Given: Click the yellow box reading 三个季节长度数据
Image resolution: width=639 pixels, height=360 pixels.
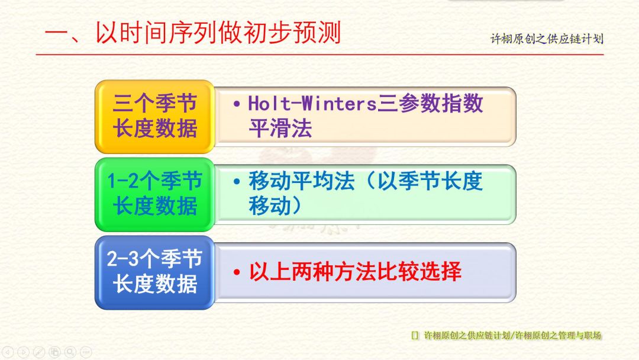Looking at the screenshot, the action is point(155,117).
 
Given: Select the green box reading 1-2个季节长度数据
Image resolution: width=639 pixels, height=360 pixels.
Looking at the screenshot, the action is point(155,194).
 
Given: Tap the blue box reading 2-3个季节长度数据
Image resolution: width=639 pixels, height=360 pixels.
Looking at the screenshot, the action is point(155,272).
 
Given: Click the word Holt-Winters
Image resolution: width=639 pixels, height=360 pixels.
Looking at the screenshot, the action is point(312,103).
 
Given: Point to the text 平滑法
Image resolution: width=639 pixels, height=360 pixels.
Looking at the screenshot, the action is point(280,128).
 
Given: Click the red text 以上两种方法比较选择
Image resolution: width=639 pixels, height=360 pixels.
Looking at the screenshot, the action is point(355,272).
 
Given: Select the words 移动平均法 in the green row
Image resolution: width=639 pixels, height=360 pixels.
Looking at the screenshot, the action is point(302,181).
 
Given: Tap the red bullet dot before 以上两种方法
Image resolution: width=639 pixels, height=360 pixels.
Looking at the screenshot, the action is point(236,272).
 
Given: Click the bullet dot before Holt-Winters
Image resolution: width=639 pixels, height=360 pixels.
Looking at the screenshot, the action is point(236,104).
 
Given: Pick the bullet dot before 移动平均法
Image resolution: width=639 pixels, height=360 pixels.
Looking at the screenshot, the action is point(236,182).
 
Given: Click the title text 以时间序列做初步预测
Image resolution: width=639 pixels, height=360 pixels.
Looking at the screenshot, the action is point(218,32).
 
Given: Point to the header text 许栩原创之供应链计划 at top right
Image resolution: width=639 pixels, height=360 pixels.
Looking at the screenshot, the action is point(547,38).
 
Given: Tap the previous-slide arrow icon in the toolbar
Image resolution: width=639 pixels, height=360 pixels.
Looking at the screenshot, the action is point(8,352).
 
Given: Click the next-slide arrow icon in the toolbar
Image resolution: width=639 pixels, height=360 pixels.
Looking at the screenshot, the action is point(23,352).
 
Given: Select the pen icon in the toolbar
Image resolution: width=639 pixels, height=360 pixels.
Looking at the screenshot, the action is point(38,352).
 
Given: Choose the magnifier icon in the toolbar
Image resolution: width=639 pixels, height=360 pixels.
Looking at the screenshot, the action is point(70,352).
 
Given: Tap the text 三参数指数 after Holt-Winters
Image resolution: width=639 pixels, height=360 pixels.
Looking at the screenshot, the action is point(430,103).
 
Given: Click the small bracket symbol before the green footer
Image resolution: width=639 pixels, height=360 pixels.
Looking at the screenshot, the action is point(415,336).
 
